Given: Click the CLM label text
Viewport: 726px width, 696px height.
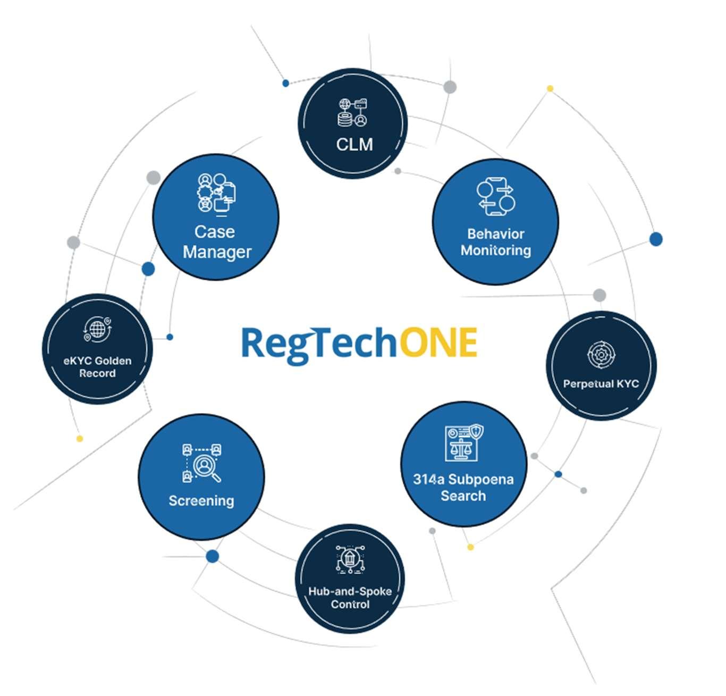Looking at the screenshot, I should coord(354,144).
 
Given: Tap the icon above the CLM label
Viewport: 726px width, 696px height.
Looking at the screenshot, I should coord(353,113).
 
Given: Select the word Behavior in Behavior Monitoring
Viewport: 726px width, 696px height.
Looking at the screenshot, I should coord(495,234).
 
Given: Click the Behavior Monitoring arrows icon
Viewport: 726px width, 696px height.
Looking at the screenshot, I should coord(496,197).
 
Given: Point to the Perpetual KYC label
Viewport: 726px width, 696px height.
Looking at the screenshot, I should coord(601,384).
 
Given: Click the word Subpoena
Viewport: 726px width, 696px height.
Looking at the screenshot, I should coord(480,480).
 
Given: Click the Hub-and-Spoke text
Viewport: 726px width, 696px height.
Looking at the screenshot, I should coord(350,591).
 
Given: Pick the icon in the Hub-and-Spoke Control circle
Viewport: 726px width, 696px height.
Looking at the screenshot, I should coord(350,559).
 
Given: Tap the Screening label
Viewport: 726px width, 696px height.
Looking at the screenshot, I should coord(201,501).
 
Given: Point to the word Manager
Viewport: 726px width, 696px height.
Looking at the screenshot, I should coord(217,252).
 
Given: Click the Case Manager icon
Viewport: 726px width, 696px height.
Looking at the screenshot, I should coord(217,194).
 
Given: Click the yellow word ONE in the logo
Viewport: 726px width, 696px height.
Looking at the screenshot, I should coord(438,343).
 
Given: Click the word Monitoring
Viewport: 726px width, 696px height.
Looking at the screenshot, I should coord(495,250).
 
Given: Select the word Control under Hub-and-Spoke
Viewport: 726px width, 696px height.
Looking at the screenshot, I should coord(350,605).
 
